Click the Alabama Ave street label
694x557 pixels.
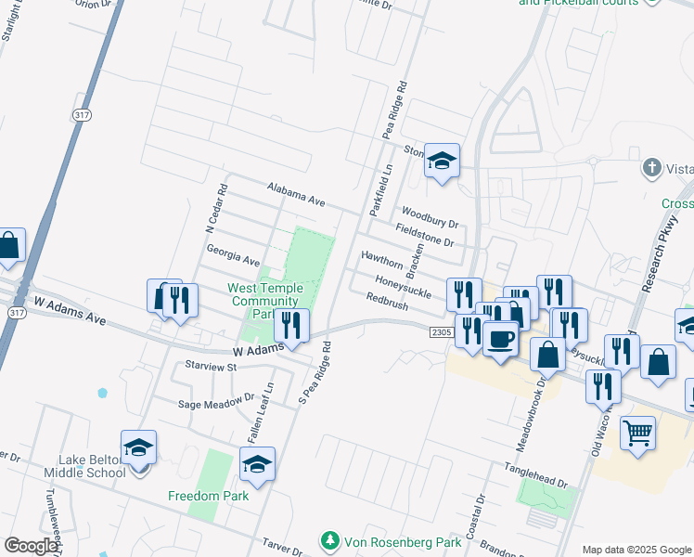point(296,194)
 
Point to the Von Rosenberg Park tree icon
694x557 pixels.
point(328,540)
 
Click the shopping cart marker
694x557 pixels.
point(637,433)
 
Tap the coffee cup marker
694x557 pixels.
point(500,339)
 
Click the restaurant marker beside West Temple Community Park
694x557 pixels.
point(291,327)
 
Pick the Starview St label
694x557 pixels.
point(212,367)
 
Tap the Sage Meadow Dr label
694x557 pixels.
point(216,403)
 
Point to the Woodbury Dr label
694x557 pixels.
point(431,218)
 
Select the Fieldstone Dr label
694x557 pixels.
point(424,235)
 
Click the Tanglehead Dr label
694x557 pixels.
point(534,474)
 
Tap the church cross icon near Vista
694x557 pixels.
point(650,169)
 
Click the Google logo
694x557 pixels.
point(32,546)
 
